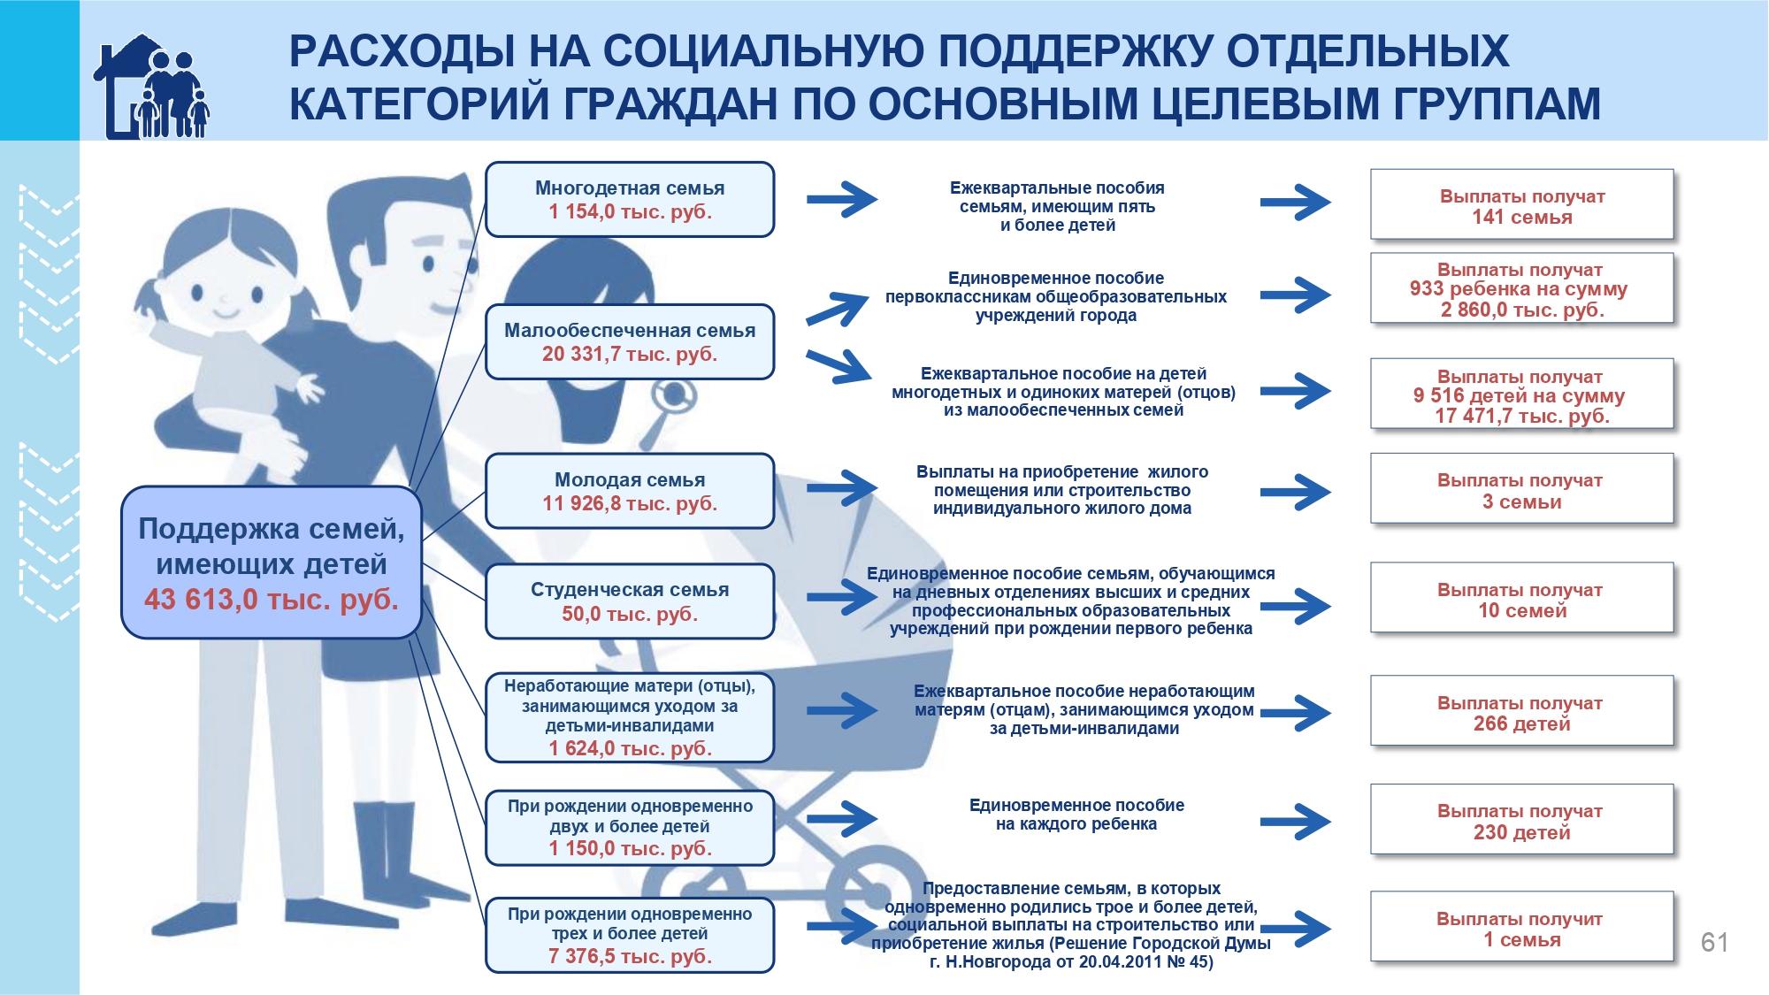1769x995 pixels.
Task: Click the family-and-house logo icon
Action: (151, 87)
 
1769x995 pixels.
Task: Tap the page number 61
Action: (1713, 942)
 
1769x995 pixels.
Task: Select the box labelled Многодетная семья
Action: (629, 199)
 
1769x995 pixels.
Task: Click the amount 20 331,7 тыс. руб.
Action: (629, 354)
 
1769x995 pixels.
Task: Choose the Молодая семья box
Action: (629, 491)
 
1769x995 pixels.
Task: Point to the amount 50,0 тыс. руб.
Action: (629, 614)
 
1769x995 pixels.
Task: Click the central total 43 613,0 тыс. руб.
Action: (271, 599)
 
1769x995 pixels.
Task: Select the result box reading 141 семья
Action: (1521, 205)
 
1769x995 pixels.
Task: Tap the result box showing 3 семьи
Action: (1521, 490)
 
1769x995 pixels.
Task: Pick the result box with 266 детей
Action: (1521, 712)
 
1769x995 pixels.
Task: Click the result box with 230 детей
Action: (1521, 821)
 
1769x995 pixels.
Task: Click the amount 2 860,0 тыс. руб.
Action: (1521, 310)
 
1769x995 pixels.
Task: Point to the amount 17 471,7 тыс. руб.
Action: (1521, 416)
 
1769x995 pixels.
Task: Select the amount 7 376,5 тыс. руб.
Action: (629, 956)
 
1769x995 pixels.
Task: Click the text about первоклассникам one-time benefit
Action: (1055, 296)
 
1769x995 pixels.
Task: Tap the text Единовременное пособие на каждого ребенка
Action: (1076, 815)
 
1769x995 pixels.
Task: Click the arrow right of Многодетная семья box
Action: (841, 199)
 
